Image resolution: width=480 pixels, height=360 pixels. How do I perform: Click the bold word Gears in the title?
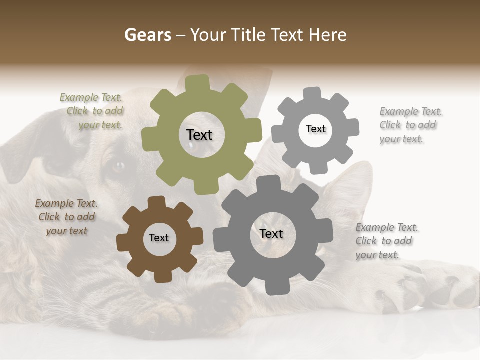(x=147, y=35)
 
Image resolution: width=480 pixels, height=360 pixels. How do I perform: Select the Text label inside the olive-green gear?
(x=199, y=135)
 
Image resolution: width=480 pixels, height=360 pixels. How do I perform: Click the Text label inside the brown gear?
(x=159, y=238)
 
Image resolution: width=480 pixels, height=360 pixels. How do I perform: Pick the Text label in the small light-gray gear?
(x=315, y=129)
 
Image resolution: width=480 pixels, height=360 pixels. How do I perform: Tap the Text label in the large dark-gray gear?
(x=271, y=233)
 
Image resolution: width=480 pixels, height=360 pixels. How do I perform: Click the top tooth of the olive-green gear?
(x=197, y=83)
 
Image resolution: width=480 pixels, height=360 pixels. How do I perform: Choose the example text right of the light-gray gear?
(x=410, y=125)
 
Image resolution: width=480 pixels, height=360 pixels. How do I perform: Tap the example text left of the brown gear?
(x=66, y=217)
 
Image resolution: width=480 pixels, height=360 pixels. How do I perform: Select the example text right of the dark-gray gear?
(x=386, y=241)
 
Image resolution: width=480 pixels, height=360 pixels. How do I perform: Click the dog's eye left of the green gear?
(x=118, y=165)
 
